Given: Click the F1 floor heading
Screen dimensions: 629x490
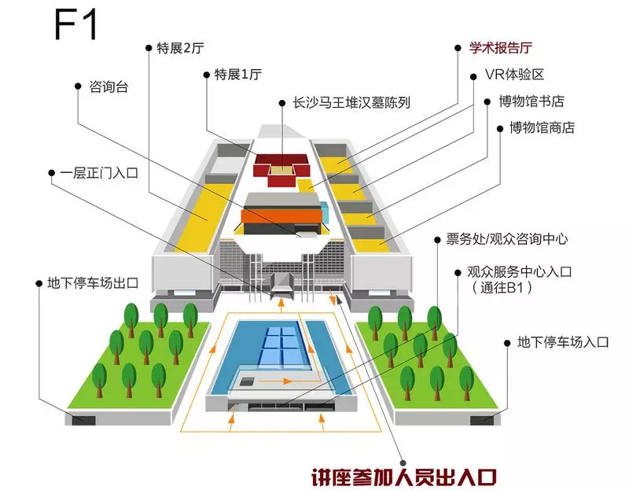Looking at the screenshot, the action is [x=75, y=26].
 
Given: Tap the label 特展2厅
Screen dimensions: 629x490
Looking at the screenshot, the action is [x=181, y=48].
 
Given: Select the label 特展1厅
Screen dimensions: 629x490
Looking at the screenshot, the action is [x=238, y=75].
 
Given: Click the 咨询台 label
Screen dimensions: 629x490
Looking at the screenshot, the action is [x=109, y=87].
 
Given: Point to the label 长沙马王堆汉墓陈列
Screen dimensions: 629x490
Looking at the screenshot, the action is [x=351, y=103].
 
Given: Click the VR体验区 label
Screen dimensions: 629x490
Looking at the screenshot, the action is [x=514, y=75].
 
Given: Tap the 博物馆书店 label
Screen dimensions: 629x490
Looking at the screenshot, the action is [x=532, y=101].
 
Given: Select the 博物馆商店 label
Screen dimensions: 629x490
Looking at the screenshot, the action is [x=543, y=128].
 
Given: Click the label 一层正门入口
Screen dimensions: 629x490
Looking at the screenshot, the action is [x=99, y=173].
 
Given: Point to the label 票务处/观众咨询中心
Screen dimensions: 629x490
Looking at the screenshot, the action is [x=507, y=239].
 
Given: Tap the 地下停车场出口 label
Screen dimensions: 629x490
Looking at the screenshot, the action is [x=93, y=283].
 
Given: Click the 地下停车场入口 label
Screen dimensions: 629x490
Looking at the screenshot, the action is [x=563, y=342].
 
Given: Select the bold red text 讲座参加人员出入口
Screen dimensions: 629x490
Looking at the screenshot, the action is [x=404, y=477].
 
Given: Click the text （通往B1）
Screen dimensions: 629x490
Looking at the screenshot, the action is [x=502, y=288].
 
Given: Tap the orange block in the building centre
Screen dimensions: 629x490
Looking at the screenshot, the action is [x=282, y=217].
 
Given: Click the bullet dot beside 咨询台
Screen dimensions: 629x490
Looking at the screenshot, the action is [x=78, y=87].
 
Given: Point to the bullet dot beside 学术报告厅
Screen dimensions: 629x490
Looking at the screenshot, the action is [x=458, y=48].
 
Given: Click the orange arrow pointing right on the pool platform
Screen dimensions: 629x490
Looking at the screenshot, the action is [x=276, y=381].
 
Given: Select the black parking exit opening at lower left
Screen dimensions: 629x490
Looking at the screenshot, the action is [x=83, y=420].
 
